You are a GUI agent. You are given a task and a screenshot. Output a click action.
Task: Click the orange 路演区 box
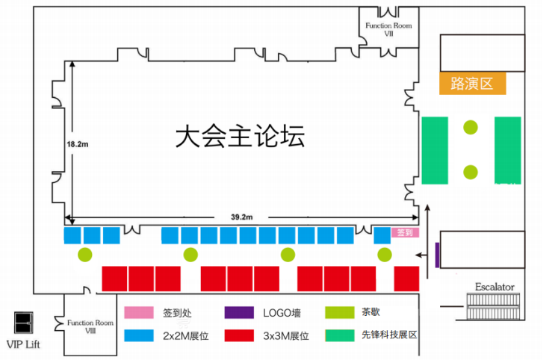tap(472, 83)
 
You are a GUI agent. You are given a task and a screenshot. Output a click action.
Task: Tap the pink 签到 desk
tap(405, 232)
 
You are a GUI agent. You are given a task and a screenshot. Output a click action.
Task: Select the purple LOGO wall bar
tap(437, 255)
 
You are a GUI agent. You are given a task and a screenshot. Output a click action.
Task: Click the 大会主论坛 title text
tap(241, 136)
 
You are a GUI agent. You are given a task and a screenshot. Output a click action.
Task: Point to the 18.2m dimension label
tap(78, 144)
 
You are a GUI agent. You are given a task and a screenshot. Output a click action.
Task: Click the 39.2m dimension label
tap(241, 217)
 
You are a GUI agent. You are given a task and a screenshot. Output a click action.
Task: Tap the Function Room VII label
tap(388, 30)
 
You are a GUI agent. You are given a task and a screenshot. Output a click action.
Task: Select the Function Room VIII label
tap(90, 326)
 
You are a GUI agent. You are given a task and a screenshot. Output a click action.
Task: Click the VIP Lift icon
tap(23, 323)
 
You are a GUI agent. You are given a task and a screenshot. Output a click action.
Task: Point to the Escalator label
tap(495, 287)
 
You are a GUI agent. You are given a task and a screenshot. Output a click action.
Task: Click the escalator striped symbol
tap(493, 306)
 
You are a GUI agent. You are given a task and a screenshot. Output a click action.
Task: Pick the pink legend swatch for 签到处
tap(139, 312)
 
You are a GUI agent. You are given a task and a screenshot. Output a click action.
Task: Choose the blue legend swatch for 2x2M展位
tap(139, 335)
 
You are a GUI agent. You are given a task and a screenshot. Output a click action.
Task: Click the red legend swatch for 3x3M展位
tap(239, 335)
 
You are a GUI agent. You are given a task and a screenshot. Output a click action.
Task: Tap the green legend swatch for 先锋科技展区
tap(340, 335)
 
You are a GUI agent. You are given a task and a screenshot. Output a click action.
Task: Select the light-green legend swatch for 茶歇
tap(340, 312)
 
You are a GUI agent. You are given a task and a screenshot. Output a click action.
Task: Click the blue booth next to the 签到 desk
tap(382, 235)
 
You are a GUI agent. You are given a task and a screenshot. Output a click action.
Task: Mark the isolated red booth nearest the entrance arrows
tap(406, 279)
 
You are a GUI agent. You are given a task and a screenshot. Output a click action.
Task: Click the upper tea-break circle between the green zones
tap(471, 128)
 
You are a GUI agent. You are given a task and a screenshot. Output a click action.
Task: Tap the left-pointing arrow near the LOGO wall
tap(422, 255)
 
